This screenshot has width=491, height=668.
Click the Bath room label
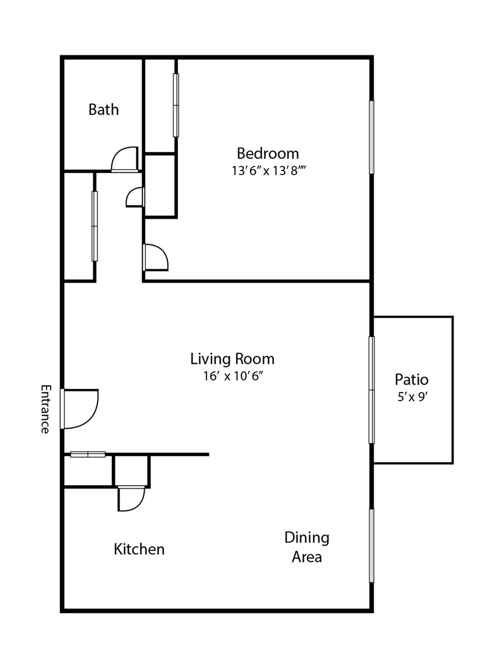pos(104,110)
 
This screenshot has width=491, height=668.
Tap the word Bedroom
pos(267,154)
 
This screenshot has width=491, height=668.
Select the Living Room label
pos(232,359)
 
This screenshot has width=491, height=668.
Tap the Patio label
pos(411,379)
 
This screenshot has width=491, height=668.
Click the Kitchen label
pos(139,549)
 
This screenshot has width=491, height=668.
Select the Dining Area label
pos(307,547)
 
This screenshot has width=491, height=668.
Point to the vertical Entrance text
pos(45,409)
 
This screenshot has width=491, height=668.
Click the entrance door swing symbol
pos(80,409)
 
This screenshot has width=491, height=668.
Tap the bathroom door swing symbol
pos(125,160)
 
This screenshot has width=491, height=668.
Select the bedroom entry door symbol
pos(155,257)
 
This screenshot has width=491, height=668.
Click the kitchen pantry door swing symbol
pos(131,498)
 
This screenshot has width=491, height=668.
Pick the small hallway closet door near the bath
pos(135,198)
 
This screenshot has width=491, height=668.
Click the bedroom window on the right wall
pos(372,137)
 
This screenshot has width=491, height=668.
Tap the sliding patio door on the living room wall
pos(372,390)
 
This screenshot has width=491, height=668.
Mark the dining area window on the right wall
pos(372,545)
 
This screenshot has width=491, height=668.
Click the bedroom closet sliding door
pos(176,105)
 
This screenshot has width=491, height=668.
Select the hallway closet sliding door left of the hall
pos(95,226)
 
